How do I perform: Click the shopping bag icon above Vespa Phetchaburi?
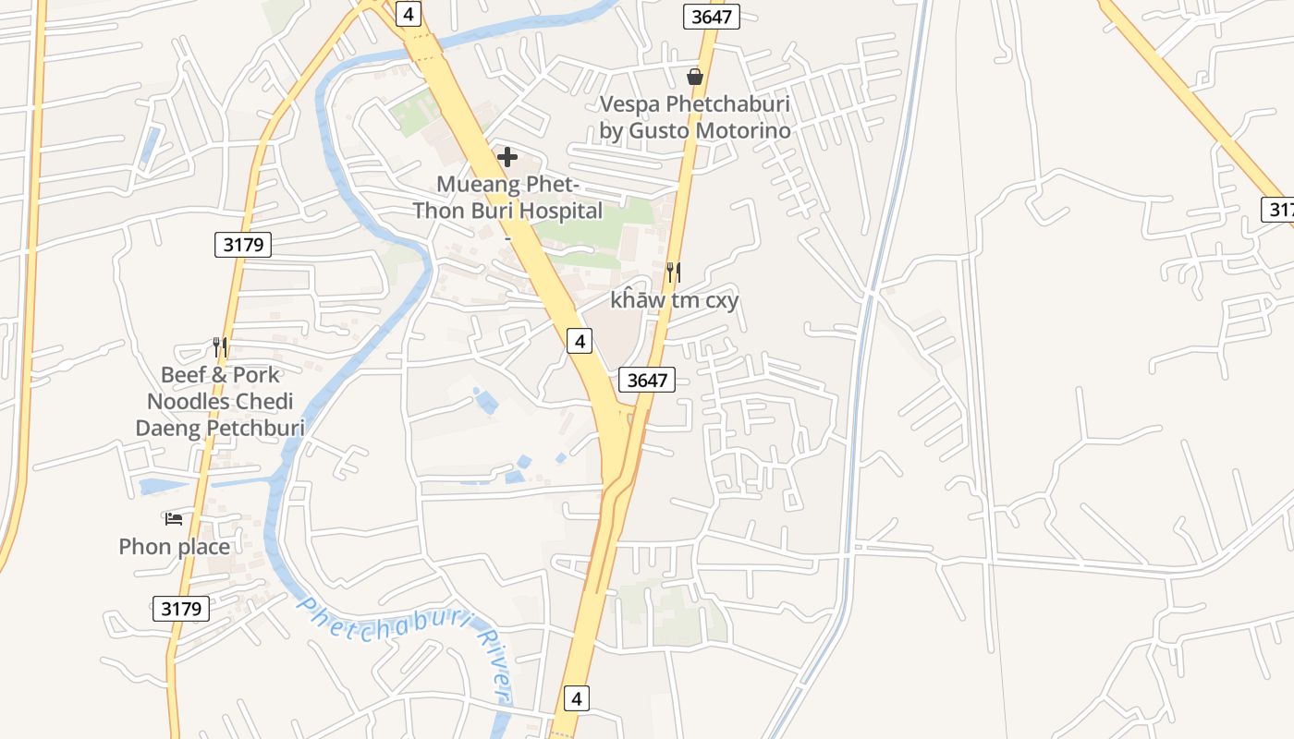pos(695,77)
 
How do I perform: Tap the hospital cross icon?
pos(507,157)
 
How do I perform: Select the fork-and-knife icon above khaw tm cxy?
pos(674,273)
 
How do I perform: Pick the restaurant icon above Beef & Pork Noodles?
pos(220,347)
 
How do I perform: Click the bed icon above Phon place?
pos(174,518)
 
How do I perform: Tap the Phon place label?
pos(174,547)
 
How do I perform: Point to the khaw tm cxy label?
pos(675,300)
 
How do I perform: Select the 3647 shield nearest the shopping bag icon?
pos(712,16)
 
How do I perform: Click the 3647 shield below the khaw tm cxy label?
pos(646,380)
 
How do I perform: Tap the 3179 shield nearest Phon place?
pos(180,610)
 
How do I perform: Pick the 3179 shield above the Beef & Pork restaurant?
pos(243,245)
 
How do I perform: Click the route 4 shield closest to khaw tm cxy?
pos(579,341)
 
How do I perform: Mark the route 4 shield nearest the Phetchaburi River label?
pos(576,697)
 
